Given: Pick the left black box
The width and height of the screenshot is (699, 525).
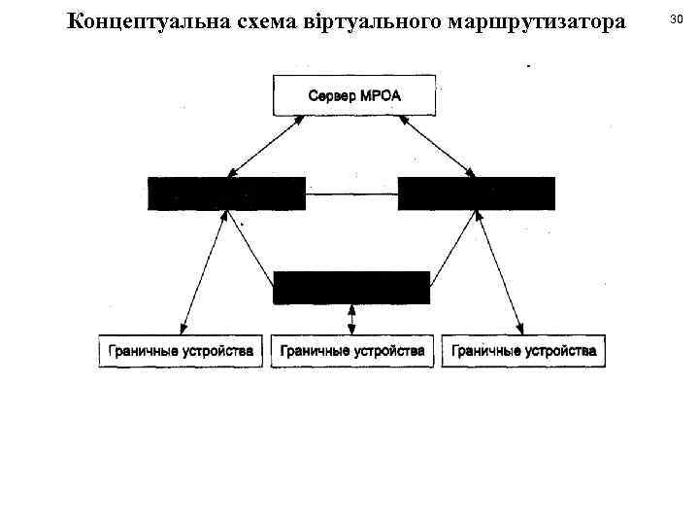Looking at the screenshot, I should pos(226,193).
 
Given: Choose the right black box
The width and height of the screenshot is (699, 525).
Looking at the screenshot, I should pos(477,193).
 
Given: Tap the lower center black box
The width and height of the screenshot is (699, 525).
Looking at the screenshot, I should pos(351,288).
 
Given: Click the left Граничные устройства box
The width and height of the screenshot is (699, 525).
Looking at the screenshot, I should pos(181,350).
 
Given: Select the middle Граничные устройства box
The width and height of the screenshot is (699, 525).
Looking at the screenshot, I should pos(351,350).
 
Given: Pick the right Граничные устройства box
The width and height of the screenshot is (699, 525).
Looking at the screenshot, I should pos(523,350).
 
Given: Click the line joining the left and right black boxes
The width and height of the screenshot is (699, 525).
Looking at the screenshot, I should pos(351,193).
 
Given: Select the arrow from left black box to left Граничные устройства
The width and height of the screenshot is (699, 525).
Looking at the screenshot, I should pos(202,275).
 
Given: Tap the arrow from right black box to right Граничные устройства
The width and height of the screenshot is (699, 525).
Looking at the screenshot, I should pos(500,275).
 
